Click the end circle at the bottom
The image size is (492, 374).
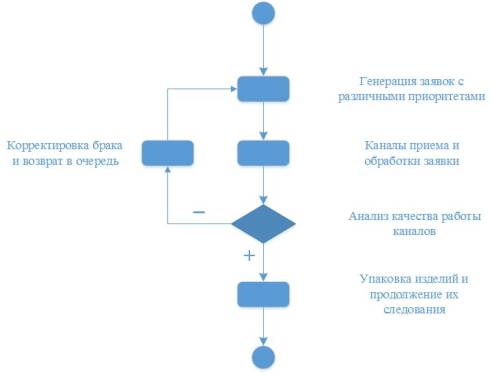263,357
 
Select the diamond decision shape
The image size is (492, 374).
263,222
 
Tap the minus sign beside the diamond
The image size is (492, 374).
199,212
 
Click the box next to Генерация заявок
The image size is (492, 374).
263,89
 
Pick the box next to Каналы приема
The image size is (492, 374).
263,153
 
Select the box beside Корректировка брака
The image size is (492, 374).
167,153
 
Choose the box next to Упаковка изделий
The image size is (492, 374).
263,294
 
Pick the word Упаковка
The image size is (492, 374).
384,277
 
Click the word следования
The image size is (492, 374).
412,310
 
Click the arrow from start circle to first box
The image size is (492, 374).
263,50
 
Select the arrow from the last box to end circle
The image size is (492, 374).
263,326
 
